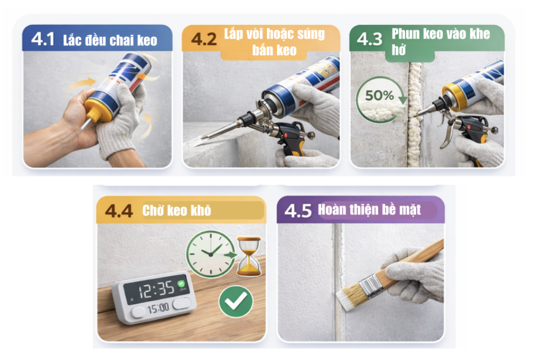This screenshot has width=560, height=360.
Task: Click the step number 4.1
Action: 44,40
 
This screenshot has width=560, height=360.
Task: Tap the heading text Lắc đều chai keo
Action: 110,40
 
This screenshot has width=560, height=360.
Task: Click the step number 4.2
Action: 204,40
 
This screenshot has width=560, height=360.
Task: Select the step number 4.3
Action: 369,40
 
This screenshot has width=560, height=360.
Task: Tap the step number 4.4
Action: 119,211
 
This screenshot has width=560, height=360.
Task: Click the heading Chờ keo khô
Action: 177,211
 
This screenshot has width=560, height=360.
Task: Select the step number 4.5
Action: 298,211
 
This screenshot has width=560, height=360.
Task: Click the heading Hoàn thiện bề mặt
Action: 369,210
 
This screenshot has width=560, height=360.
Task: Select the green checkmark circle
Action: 235,301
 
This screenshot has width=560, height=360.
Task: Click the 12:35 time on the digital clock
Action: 157,289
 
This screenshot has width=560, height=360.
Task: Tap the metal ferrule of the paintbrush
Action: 373,287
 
